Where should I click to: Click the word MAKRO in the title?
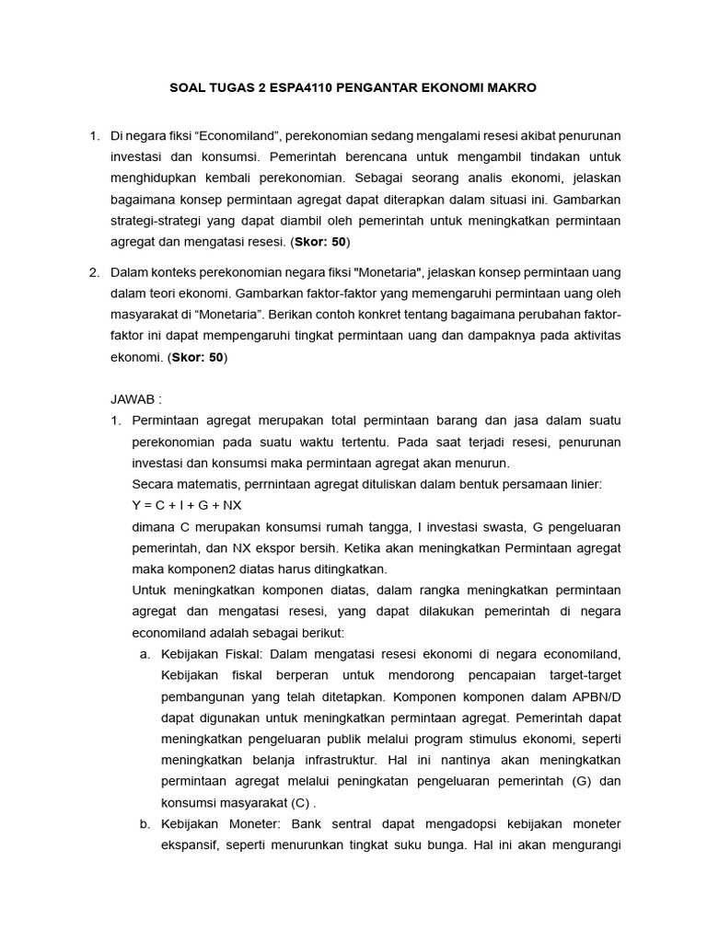[514, 87]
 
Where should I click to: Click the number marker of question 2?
[94, 271]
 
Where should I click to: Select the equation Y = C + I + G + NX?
[187, 505]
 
